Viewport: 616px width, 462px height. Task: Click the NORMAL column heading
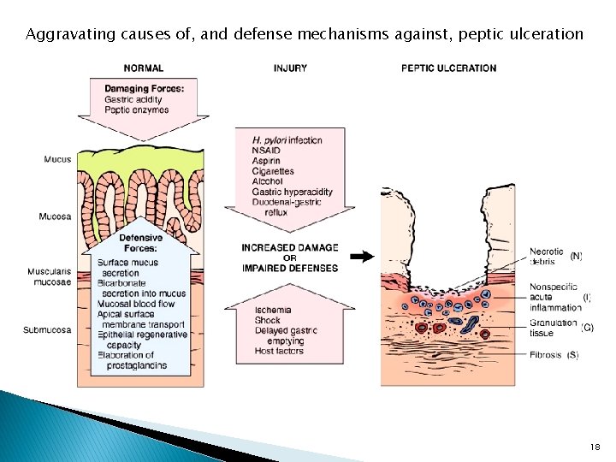[144, 68]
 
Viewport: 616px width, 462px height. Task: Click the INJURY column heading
[292, 68]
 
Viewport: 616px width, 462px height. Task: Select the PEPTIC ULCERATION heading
[448, 68]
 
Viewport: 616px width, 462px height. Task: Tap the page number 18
[596, 447]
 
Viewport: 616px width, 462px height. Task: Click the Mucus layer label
[57, 159]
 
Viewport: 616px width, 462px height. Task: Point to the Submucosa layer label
[47, 330]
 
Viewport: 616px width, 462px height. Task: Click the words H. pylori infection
[287, 140]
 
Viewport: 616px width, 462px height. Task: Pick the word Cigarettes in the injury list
[273, 171]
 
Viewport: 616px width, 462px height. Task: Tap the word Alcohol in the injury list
[267, 181]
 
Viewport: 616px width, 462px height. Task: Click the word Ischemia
[273, 310]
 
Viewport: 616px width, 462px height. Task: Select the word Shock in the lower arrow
[267, 320]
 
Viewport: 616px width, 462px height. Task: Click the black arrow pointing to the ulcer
[363, 256]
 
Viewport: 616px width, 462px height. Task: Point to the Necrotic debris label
[547, 256]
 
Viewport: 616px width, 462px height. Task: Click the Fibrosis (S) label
[554, 355]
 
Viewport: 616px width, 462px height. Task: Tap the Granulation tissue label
[553, 328]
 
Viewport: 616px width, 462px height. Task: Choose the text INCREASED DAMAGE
[289, 248]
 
